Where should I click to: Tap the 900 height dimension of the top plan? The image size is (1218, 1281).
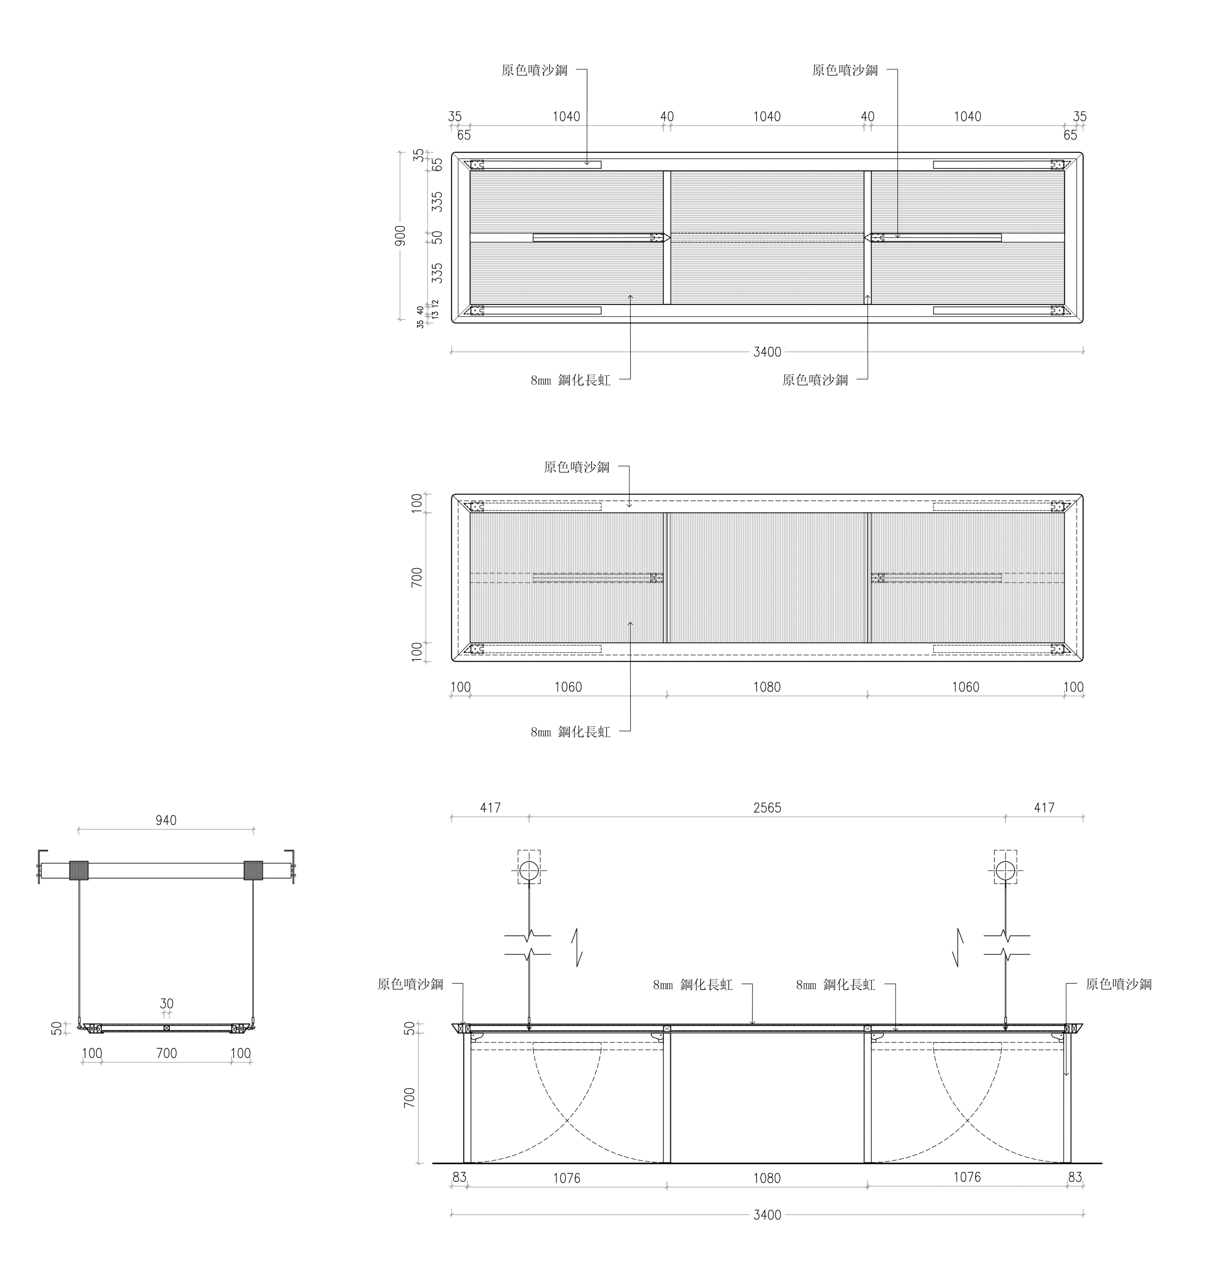400,235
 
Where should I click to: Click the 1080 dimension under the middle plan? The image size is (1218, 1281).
767,687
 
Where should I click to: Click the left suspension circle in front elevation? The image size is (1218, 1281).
529,870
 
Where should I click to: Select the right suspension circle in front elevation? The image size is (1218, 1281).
1005,870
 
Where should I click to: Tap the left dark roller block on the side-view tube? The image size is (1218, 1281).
79,870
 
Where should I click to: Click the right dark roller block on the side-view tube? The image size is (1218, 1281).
253,870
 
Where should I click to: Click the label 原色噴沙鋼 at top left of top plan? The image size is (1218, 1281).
534,70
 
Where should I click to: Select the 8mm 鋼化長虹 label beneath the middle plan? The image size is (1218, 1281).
571,732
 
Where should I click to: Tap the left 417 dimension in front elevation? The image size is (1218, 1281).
490,808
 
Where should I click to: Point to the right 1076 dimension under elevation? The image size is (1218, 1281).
967,1177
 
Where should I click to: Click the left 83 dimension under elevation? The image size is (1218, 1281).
459,1177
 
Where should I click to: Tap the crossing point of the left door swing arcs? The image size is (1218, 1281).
567,1121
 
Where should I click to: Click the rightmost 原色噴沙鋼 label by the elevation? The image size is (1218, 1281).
1119,984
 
